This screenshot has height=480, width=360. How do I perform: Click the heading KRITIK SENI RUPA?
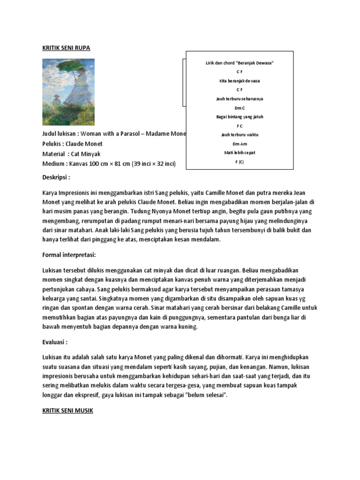coord(66,48)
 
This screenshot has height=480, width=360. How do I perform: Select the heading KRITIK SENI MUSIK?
coord(68,411)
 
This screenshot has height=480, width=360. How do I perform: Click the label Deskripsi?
coord(56,178)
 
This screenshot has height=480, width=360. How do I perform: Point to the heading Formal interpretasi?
coord(69,255)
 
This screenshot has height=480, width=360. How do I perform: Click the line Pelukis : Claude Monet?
coord(72,144)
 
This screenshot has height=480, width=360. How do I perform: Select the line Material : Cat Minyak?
coord(71,154)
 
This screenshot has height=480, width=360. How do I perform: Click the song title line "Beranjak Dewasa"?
coord(239,63)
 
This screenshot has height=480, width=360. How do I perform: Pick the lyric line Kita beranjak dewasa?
coord(240,81)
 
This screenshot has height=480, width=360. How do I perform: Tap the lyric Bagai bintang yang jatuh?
coord(240,117)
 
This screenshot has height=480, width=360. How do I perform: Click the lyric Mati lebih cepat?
coord(239,153)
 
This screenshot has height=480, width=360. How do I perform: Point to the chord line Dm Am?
coord(239,143)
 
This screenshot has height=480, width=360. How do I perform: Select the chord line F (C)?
coord(239,162)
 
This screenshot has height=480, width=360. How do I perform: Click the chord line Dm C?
coord(240,108)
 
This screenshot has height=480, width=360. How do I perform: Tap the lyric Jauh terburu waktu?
coord(240,135)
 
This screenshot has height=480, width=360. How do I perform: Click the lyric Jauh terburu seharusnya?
coord(240,99)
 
